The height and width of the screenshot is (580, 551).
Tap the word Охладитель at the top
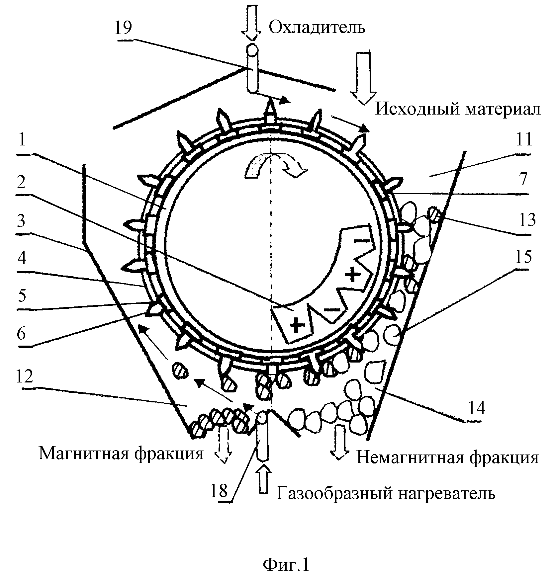point(317,28)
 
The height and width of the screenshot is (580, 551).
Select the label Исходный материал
point(458,109)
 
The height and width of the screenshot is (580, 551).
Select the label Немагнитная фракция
point(447,458)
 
